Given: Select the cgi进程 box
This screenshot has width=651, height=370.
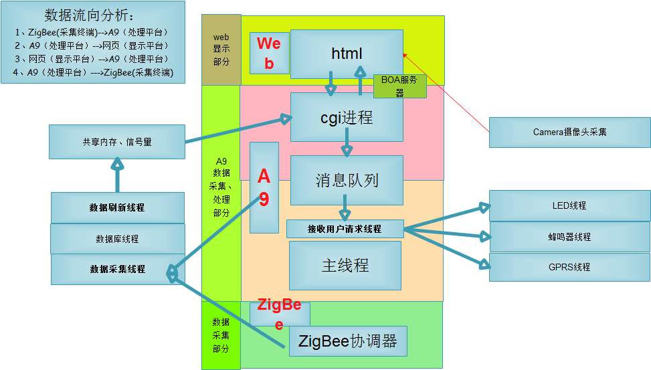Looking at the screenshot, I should (347, 117).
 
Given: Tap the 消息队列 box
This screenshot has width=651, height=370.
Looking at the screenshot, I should (347, 179).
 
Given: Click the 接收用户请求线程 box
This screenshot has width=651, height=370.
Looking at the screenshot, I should (345, 229).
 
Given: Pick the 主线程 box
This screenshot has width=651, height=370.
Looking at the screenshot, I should (345, 265).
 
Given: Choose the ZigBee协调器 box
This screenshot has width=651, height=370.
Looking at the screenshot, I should (348, 341).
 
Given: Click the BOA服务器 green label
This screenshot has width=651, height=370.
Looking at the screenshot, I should (399, 86).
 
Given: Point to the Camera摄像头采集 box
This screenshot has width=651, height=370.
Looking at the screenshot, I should (569, 132).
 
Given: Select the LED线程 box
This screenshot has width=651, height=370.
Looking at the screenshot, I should (569, 205).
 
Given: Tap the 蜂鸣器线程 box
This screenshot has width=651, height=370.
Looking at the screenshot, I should (569, 236).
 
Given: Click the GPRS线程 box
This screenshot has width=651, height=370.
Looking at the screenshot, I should (569, 267).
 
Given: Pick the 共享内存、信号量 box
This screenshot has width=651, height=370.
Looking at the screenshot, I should (117, 142).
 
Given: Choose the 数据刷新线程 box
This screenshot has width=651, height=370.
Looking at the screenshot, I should (117, 207).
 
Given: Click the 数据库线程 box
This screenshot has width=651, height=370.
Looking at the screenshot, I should (117, 239).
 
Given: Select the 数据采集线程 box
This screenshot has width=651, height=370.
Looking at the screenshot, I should (117, 269).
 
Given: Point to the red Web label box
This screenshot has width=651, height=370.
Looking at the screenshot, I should (269, 53).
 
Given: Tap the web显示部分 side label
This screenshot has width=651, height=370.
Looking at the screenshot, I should (221, 50).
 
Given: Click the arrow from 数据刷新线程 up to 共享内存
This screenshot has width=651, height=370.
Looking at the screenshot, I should (118, 175).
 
